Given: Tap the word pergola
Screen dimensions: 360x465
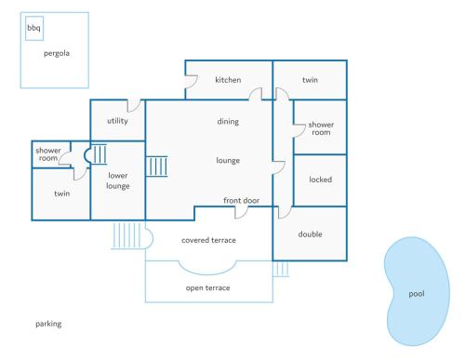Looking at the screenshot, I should point(57,53).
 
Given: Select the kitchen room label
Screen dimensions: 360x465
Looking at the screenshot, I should point(228,80).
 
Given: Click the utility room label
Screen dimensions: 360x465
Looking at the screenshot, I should point(117,121).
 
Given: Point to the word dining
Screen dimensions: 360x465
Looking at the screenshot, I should point(228,121).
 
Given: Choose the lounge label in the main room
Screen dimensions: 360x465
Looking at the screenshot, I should point(228,160).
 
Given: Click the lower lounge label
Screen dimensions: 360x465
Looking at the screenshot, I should point(118,180).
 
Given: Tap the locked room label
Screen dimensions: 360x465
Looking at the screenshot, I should point(320,180).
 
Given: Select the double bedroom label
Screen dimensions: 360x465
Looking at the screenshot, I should point(310,233).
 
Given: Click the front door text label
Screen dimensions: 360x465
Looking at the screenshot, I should point(241,201).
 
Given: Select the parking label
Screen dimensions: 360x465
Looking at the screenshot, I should point(48,324).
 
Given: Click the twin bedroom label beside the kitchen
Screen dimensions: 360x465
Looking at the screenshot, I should point(310,80).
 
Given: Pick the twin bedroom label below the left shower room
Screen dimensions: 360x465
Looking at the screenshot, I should point(61,193).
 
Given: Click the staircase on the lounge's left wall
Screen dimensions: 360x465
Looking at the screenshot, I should point(157,166).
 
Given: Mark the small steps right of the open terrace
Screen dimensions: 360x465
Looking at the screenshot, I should point(281,269).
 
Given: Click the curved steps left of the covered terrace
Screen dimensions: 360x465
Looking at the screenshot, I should point(129,236).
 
